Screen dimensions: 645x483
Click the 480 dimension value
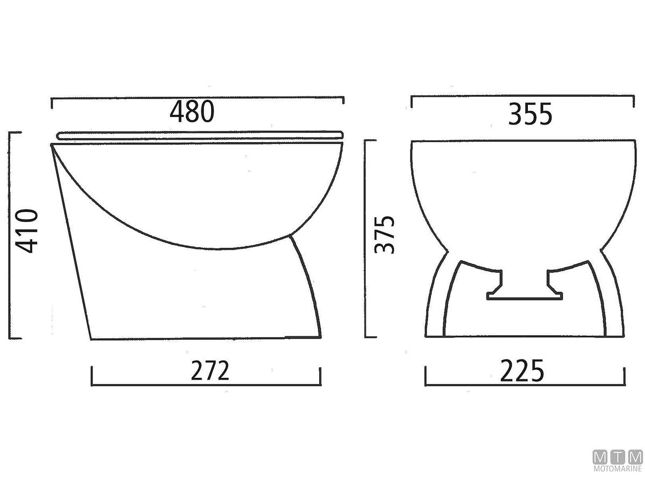[x=192, y=112]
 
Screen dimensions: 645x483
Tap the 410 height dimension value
[x=27, y=231]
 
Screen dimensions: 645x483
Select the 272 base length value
[x=210, y=370]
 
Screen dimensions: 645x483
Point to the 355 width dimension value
[x=530, y=114]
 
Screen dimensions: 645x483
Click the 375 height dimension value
[x=384, y=235]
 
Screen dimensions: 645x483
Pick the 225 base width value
[x=522, y=371]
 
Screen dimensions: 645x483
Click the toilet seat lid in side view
[x=200, y=135]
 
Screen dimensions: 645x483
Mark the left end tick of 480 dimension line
[x=52, y=103]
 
